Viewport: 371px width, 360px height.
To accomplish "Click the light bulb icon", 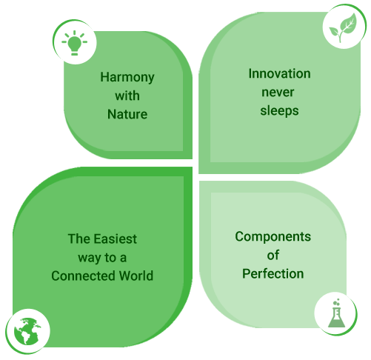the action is tap(74, 42).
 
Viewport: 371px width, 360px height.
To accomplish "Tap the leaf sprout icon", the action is tap(343, 27).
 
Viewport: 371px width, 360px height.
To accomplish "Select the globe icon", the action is tap(27, 331).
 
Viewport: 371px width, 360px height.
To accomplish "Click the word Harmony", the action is tap(127, 78).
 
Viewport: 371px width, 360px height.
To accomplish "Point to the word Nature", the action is tap(127, 114).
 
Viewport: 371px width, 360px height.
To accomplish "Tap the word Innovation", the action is tap(279, 73).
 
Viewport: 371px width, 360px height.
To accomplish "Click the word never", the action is tap(278, 93).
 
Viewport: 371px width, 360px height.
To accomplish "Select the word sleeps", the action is tap(279, 111).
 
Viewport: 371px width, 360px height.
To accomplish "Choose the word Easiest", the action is tap(116, 239).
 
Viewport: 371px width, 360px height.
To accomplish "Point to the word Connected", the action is tap(84, 276).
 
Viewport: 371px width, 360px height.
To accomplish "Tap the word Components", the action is tap(273, 237).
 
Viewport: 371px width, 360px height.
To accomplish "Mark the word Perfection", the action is tap(273, 273).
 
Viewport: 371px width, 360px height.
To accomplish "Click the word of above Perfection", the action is tap(273, 255).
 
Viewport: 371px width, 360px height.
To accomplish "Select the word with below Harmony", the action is tap(127, 96).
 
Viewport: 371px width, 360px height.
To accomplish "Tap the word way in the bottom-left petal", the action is tap(90, 258).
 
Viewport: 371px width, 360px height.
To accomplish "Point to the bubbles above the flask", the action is tap(336, 302).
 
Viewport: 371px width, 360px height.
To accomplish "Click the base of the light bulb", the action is tap(75, 53).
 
